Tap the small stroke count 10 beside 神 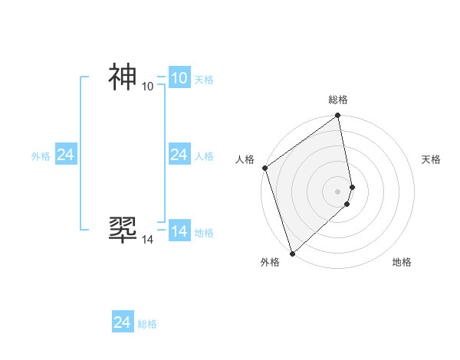coord(148,87)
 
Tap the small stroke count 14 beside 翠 coord(148,240)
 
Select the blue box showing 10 coord(179,78)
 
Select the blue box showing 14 coord(179,231)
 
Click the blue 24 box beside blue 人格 coord(179,155)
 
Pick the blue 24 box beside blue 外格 coord(65,155)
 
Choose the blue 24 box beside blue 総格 coord(122,322)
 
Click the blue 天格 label coord(204,80)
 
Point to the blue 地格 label coord(204,233)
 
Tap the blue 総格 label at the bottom coord(147,324)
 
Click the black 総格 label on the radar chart coord(338,100)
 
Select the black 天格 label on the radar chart coord(432,159)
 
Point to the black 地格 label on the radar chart coord(402,262)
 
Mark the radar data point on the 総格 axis coord(338,116)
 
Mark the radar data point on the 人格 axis coord(265,168)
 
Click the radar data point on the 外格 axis coord(292,253)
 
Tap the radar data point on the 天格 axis coord(352,187)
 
